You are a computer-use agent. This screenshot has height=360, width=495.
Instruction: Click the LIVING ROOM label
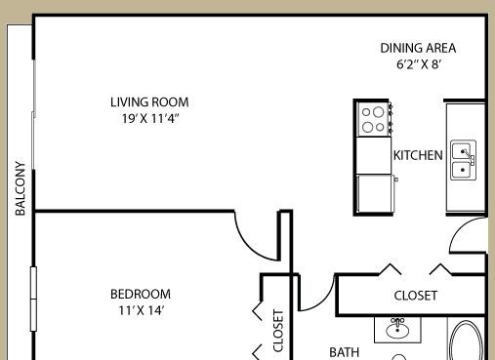(149, 102)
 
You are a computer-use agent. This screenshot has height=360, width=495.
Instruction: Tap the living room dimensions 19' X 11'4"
(150, 118)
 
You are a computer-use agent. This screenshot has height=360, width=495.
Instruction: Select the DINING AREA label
(418, 48)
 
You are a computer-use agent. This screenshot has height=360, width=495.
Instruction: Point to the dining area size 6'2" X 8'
(419, 64)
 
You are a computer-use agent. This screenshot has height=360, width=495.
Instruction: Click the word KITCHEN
(418, 155)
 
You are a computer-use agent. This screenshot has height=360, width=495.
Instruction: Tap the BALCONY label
(21, 188)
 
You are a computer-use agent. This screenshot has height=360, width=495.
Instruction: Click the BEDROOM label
(141, 294)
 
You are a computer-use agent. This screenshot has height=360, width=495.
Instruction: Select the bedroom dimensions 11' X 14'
(141, 310)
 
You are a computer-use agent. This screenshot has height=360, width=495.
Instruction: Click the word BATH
(344, 352)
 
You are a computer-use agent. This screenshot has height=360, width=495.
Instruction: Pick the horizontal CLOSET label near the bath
(416, 296)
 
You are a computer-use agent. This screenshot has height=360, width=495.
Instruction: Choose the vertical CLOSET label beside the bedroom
(278, 331)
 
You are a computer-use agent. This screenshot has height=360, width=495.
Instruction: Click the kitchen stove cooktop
(373, 119)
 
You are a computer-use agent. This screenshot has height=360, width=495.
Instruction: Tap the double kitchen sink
(463, 160)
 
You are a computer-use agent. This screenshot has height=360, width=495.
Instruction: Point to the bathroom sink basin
(397, 330)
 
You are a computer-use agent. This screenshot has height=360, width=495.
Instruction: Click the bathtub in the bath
(467, 340)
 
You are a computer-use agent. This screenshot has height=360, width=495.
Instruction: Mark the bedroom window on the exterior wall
(33, 299)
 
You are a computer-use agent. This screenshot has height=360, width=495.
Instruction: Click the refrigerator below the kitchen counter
(374, 193)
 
